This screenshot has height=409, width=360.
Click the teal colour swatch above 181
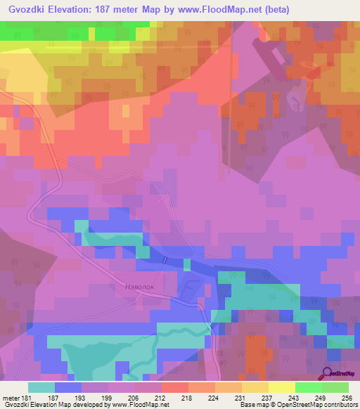click(x=41, y=387)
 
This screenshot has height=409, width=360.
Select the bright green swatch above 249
click(x=309, y=387)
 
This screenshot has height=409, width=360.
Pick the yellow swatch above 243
click(x=282, y=387)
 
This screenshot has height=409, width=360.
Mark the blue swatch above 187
click(x=68, y=387)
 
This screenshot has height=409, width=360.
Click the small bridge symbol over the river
click(x=164, y=260)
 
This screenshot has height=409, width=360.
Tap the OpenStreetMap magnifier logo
click(x=327, y=373)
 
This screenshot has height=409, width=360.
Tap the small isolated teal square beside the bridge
click(x=187, y=264)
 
